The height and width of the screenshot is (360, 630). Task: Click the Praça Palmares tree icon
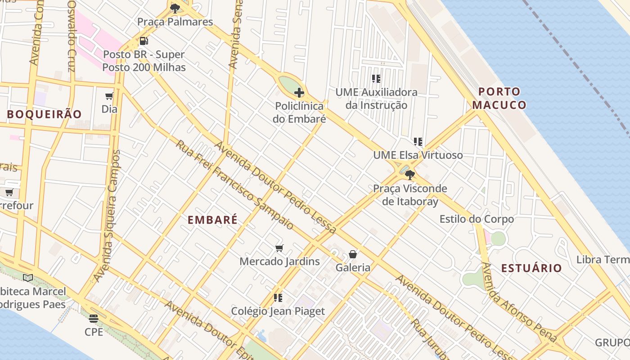pyautogui.click(x=175, y=8)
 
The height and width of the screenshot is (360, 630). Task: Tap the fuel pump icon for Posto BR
pyautogui.click(x=144, y=41)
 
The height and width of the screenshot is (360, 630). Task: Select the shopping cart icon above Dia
pyautogui.click(x=109, y=96)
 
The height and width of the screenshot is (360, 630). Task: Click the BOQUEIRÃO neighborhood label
pyautogui.click(x=44, y=114)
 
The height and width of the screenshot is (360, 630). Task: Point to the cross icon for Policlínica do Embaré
pyautogui.click(x=299, y=93)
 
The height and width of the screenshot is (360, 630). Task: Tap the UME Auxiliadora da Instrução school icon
pyautogui.click(x=376, y=79)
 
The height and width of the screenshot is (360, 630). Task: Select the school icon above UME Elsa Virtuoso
pyautogui.click(x=418, y=142)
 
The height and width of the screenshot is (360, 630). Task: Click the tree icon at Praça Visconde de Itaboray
pyautogui.click(x=409, y=175)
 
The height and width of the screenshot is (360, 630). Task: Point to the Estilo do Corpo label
pyautogui.click(x=477, y=220)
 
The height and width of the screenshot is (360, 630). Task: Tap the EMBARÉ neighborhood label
pyautogui.click(x=212, y=220)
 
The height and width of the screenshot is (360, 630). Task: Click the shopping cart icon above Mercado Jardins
pyautogui.click(x=279, y=248)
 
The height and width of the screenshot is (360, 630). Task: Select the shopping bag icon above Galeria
pyautogui.click(x=353, y=254)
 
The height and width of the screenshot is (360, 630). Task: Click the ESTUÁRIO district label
pyautogui.click(x=531, y=269)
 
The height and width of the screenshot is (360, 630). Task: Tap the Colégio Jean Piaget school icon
pyautogui.click(x=278, y=298)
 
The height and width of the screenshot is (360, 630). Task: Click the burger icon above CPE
pyautogui.click(x=94, y=319)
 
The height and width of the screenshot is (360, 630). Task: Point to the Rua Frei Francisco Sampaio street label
pyautogui.click(x=234, y=185)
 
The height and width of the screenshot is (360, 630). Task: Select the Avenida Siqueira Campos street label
pyautogui.click(x=108, y=216)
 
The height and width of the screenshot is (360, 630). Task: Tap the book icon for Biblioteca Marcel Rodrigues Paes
pyautogui.click(x=28, y=278)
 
